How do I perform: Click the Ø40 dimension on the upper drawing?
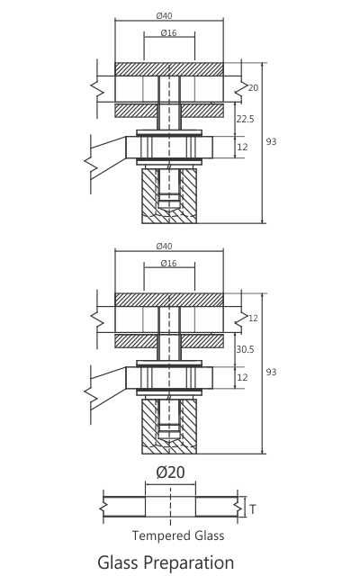point(164,15)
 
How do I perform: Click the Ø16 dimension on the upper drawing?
point(168,32)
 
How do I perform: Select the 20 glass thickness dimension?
point(253,87)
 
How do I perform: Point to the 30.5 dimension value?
point(244,349)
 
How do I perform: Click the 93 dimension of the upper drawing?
point(272,141)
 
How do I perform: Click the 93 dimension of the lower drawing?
point(272,373)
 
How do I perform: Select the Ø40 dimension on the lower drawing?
point(164,246)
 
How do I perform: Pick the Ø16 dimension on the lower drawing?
point(168,263)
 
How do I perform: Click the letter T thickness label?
point(252,509)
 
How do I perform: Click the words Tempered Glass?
point(178,535)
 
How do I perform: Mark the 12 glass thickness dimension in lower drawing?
point(253,319)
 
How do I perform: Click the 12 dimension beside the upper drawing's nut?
point(242,147)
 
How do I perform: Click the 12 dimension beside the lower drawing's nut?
point(242,378)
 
